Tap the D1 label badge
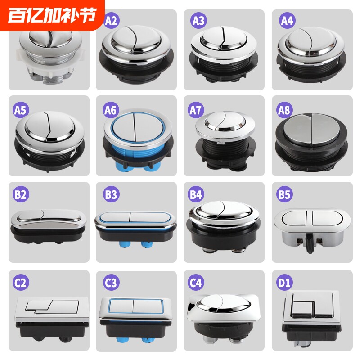click(x=286, y=283)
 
